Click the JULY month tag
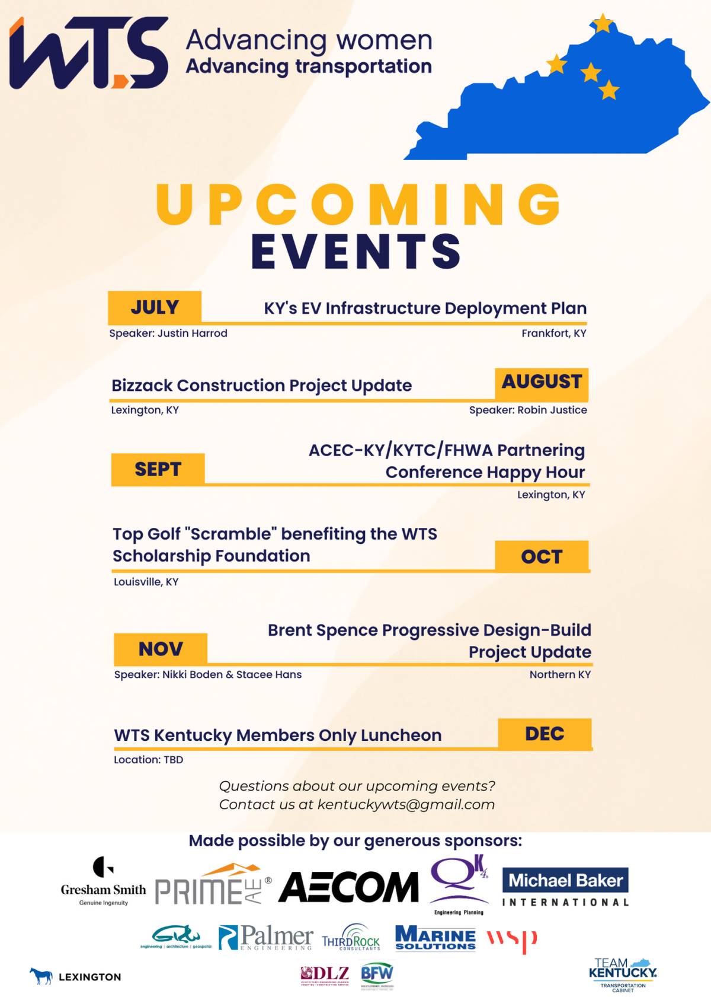coord(155,307)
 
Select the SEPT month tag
coord(158,469)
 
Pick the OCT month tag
coord(542,556)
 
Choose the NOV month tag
coord(161,649)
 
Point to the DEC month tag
coord(545,734)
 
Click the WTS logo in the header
coord(89,53)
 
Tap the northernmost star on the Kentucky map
coord(603,24)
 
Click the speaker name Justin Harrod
coord(193,333)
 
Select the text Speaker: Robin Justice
coord(528,410)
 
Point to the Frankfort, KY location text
coord(553,333)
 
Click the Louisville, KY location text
coord(146,582)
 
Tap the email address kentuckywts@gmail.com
coord(406,804)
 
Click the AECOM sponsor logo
coord(348,887)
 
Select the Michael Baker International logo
coord(565,887)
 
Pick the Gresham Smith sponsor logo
coord(103,882)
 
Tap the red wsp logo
coord(512,939)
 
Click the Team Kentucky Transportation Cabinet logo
coord(623,974)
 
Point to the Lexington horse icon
coord(41,976)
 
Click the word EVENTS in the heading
coord(355,251)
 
